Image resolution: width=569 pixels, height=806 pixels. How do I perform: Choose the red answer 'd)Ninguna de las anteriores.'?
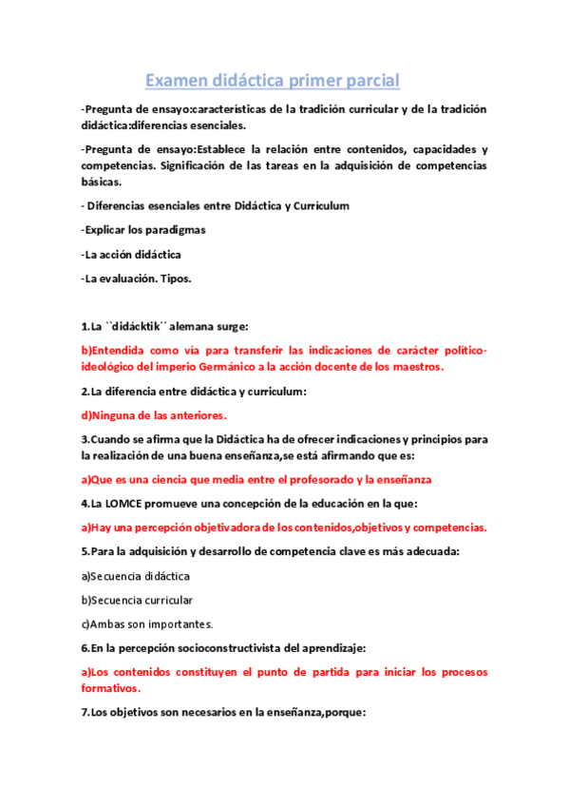[154, 415]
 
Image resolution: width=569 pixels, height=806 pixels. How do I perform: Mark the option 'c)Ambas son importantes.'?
[147, 624]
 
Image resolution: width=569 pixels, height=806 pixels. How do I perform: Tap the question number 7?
[85, 712]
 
